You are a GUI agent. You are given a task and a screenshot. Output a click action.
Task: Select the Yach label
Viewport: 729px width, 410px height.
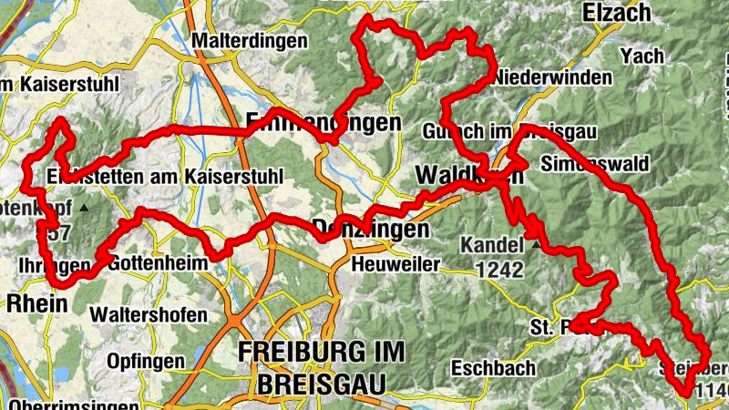(x=642, y=56)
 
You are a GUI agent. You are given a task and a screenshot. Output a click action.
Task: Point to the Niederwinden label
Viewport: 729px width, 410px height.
(x=552, y=78)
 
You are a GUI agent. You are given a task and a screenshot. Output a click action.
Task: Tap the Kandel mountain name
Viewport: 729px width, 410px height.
(x=492, y=245)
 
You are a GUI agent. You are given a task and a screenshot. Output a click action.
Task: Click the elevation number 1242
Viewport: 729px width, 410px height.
(x=498, y=270)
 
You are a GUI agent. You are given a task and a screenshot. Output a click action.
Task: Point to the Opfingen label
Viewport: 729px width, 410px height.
(x=145, y=361)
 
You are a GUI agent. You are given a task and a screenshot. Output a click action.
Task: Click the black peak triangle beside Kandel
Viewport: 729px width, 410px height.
(x=536, y=245)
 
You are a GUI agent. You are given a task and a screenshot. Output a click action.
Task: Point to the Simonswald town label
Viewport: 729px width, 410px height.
(x=593, y=164)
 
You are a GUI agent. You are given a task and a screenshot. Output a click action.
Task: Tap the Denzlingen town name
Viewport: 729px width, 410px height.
(x=370, y=230)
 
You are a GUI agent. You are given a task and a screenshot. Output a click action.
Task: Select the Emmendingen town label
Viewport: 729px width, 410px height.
(x=323, y=122)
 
